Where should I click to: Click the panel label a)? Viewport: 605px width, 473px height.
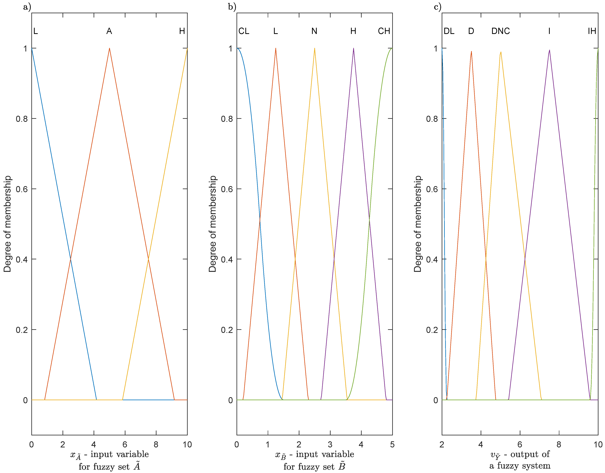click(x=27, y=7)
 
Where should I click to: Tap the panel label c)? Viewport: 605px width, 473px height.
click(x=437, y=7)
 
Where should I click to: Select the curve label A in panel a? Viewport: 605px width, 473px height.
click(x=109, y=31)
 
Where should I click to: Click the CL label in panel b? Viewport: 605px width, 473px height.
click(x=244, y=31)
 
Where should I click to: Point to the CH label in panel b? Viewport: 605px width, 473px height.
click(x=384, y=31)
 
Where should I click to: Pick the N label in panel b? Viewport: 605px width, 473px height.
click(x=314, y=31)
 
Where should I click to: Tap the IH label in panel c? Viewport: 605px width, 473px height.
click(x=592, y=31)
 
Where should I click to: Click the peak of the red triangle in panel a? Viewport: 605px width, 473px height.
click(x=109, y=48)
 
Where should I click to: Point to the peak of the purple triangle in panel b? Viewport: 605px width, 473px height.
click(x=353, y=48)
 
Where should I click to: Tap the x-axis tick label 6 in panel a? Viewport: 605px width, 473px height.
click(x=125, y=445)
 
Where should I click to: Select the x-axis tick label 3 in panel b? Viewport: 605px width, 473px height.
click(x=330, y=445)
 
